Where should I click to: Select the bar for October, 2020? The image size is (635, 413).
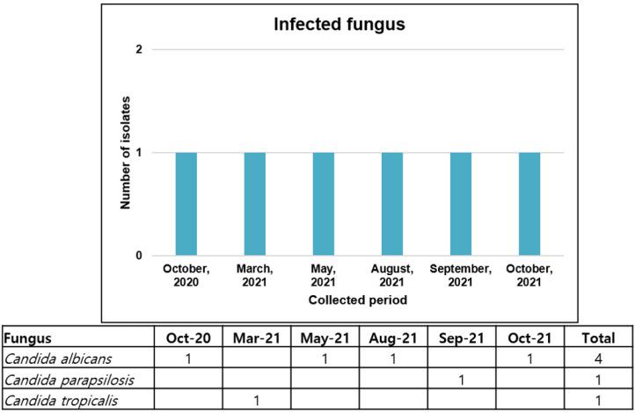click(186, 204)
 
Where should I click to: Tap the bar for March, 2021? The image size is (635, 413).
click(254, 204)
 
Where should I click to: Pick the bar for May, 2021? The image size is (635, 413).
click(323, 204)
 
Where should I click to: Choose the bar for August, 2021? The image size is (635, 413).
click(391, 204)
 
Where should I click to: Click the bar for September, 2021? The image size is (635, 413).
click(460, 204)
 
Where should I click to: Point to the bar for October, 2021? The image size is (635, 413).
click(529, 204)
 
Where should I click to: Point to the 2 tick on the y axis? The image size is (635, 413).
click(139, 49)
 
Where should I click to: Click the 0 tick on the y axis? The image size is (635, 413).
click(139, 256)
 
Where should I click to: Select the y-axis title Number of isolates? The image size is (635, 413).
click(126, 153)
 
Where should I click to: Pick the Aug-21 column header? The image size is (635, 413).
click(392, 338)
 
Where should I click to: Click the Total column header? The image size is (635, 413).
click(599, 338)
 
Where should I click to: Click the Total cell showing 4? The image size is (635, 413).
click(599, 359)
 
